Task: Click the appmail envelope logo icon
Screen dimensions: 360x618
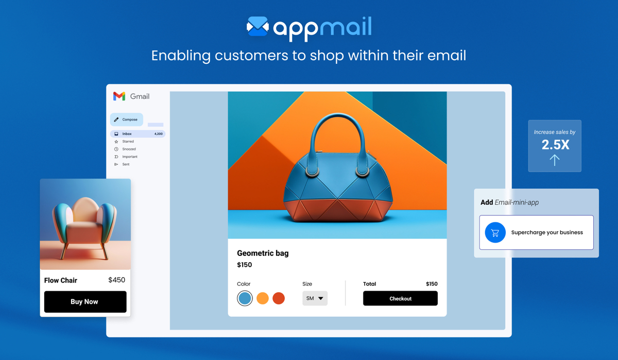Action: tap(257, 27)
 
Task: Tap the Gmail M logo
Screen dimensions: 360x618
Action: tap(119, 96)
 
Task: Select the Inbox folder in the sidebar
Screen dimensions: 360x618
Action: tap(127, 134)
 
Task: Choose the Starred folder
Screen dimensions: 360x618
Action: tap(128, 142)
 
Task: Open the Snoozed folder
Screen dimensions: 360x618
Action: tap(129, 149)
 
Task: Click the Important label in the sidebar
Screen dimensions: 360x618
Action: tap(130, 157)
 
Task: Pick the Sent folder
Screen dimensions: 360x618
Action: tap(126, 164)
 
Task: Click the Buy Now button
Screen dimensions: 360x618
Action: tap(85, 302)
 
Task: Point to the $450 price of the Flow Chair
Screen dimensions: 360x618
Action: tap(116, 280)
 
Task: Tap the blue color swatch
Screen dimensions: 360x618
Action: tap(245, 298)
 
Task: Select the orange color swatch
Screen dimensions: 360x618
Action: tap(263, 298)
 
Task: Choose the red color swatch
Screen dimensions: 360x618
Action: tap(279, 298)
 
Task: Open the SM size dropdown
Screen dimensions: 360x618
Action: tap(315, 298)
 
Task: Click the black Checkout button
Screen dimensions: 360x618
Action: tap(400, 299)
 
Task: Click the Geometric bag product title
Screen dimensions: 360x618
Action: tap(263, 253)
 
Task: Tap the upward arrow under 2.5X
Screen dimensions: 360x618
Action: tap(554, 160)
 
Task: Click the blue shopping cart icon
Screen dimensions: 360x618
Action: tap(495, 233)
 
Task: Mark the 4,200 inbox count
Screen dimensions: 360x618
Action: tap(159, 134)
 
